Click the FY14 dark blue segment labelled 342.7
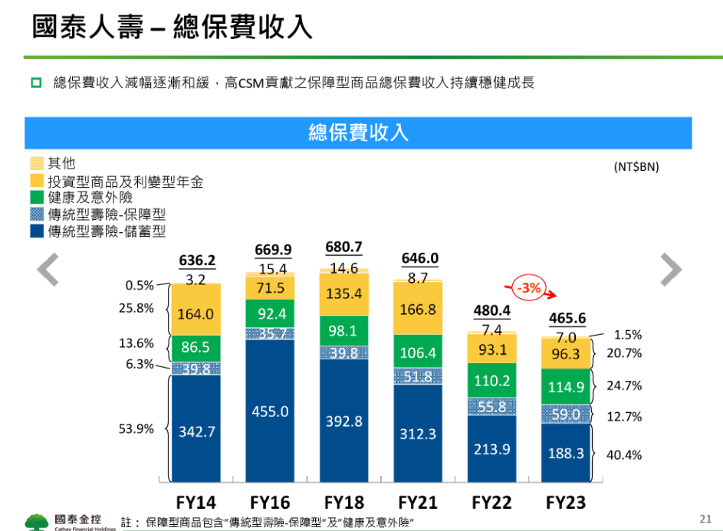point(196,431)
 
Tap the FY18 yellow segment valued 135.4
point(343,293)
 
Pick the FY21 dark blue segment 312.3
point(418,434)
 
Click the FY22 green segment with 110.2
point(491,380)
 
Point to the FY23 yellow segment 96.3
point(566,354)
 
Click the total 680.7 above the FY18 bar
point(343,247)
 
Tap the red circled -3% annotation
point(527,289)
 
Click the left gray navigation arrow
point(48,269)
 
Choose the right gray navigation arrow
point(671,269)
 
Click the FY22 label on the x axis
point(491,503)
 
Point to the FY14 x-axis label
point(196,503)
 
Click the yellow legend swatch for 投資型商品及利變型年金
point(37,181)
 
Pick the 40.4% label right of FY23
point(624,454)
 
